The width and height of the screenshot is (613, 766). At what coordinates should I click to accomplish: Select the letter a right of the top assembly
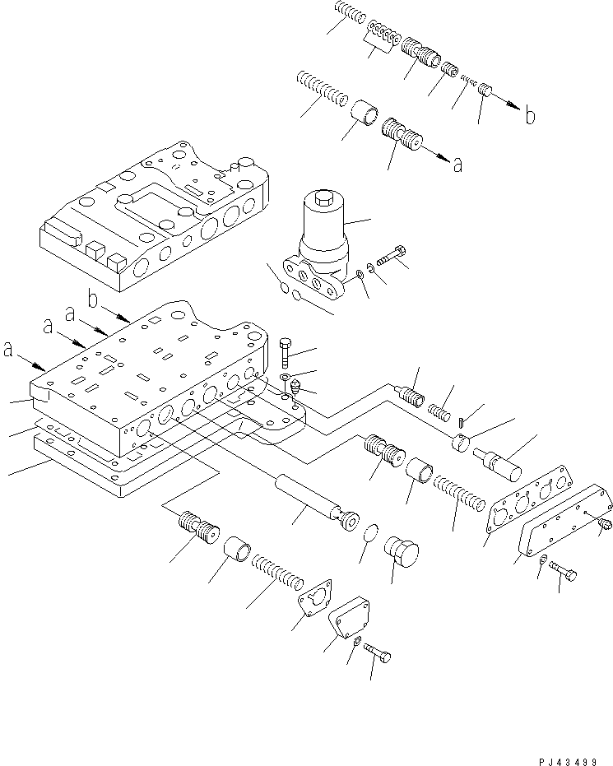[457, 165]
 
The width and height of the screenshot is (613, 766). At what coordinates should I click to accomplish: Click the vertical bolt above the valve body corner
[285, 351]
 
